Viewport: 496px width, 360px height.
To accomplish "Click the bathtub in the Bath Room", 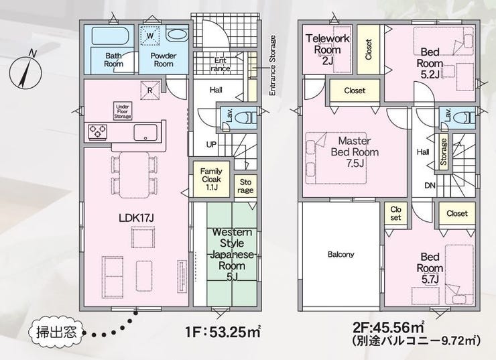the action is [x=110, y=36].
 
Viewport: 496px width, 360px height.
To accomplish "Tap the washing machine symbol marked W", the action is [x=150, y=36].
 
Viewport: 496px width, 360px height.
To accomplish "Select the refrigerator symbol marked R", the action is [x=150, y=90].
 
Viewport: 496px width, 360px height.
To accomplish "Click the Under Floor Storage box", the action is [x=123, y=111].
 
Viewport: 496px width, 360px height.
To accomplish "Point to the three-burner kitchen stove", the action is [x=97, y=131].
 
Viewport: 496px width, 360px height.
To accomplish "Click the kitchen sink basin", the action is [x=145, y=132].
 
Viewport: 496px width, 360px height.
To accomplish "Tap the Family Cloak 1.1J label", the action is [x=211, y=179].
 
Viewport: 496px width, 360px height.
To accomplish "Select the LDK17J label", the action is [x=136, y=218].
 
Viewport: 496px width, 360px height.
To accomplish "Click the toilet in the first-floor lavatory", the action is [x=246, y=118].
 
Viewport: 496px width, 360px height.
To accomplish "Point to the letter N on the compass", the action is [x=32, y=54].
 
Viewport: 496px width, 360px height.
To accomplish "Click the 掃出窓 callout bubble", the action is [x=56, y=332].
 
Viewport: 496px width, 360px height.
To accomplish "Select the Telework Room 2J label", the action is [x=327, y=50].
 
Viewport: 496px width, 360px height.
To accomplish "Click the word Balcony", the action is [x=340, y=254].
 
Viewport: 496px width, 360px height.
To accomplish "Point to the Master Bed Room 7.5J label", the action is [x=355, y=152].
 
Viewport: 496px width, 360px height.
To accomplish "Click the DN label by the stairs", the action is [x=430, y=186].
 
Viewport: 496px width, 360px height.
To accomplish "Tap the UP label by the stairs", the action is [x=211, y=145].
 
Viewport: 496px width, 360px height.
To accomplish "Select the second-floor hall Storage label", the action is [x=443, y=152].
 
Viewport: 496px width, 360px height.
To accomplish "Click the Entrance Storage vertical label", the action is [x=272, y=66].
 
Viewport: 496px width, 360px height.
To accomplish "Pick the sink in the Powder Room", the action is [x=177, y=35].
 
